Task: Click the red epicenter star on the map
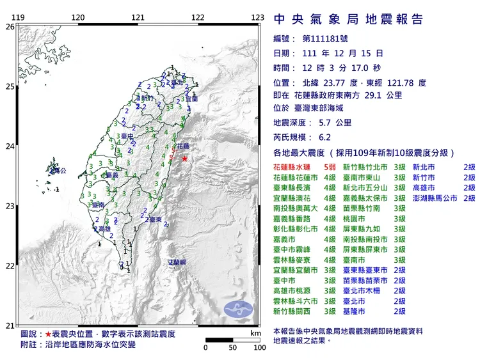click(x=184, y=159)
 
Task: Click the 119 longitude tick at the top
click(x=19, y=18)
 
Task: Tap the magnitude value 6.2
click(x=324, y=137)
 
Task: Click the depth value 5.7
click(x=324, y=123)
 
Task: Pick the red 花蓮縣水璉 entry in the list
click(x=292, y=166)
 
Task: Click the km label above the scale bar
click(x=256, y=333)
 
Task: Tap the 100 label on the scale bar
click(x=259, y=348)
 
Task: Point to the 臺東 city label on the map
click(x=154, y=219)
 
